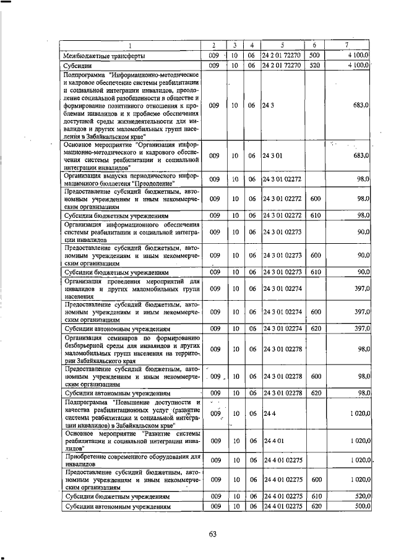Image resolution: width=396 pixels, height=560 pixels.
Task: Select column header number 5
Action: tap(282, 45)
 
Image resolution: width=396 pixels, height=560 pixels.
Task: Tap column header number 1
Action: tap(131, 45)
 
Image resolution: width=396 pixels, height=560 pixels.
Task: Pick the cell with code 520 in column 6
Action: tap(314, 65)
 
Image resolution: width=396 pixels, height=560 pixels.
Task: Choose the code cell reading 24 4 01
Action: tap(273, 441)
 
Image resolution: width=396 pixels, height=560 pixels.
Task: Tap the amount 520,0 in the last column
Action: tap(359, 496)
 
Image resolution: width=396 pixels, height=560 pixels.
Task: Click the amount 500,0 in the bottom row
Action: tap(359, 507)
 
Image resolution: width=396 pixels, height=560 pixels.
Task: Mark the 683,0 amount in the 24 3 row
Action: tap(359, 105)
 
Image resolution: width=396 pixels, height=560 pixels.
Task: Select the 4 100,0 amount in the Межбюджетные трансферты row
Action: tap(358, 56)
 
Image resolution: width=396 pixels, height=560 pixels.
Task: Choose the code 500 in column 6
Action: tap(314, 56)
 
